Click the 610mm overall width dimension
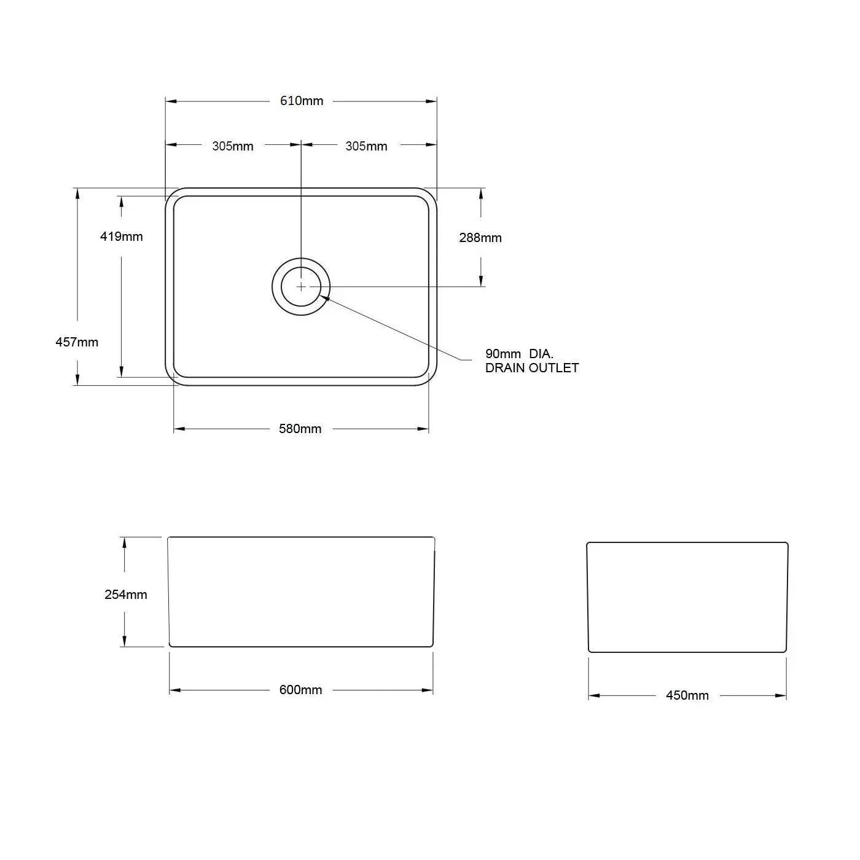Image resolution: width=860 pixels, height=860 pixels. coord(302,101)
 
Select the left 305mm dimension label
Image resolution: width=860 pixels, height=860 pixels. coord(233,146)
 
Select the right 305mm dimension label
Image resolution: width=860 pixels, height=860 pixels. coord(366,146)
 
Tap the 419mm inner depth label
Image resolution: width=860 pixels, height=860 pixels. coord(122,237)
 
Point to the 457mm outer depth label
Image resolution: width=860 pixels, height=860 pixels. coord(77,342)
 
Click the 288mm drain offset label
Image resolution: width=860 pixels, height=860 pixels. coord(480,238)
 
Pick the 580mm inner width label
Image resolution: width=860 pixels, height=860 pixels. coord(300,429)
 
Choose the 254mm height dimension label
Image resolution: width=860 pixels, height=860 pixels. coord(126,595)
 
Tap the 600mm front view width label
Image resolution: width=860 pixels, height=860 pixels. coord(300,690)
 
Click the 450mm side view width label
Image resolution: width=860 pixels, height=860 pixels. coord(687,695)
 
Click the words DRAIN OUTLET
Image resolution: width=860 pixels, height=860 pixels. coord(532,368)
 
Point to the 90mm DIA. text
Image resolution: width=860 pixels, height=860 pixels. coord(519,354)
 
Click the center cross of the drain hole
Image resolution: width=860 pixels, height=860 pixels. coord(301,286)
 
